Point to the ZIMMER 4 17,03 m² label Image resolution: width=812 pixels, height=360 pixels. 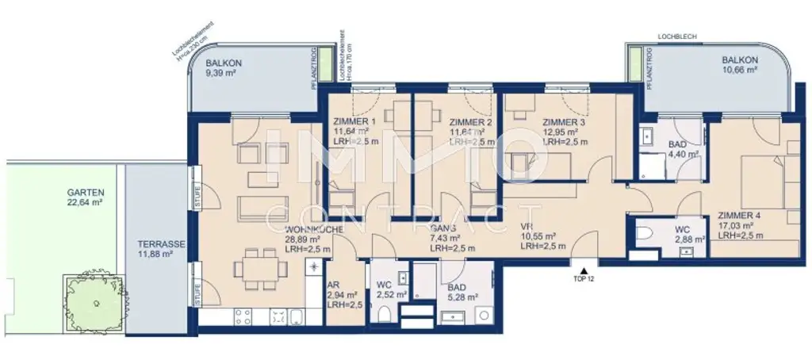tap(739, 225)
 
